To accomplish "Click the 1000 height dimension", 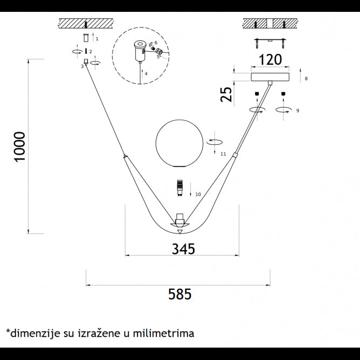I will point(19,147).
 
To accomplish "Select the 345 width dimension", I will point(183,248).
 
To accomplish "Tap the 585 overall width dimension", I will point(179,294).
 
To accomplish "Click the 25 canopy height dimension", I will point(227,94).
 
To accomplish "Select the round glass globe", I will point(179,144).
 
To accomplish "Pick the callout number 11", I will point(223,154).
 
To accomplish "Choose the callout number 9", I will point(297,110).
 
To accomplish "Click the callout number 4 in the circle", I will point(146,73).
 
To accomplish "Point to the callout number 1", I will point(96,39).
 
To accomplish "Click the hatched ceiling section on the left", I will point(86,23).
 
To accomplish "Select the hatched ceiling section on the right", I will point(270,23).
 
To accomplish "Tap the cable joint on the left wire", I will point(125,157).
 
